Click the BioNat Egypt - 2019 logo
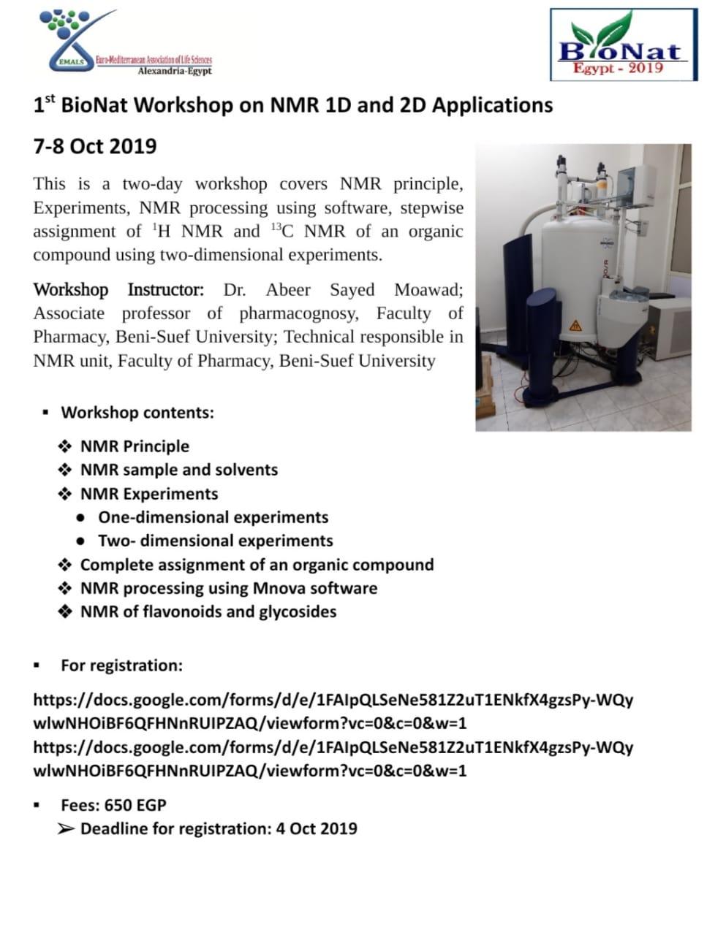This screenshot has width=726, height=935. pyautogui.click(x=624, y=45)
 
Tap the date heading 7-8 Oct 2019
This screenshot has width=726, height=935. pyautogui.click(x=95, y=146)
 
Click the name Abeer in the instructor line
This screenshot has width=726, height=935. pyautogui.click(x=288, y=290)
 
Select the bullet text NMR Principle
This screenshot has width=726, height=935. pyautogui.click(x=135, y=446)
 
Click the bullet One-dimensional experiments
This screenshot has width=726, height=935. pyautogui.click(x=213, y=517)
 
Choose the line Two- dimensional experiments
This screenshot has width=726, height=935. pyautogui.click(x=215, y=541)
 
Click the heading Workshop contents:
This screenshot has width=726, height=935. pyautogui.click(x=137, y=413)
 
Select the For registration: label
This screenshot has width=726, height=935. pyautogui.click(x=121, y=665)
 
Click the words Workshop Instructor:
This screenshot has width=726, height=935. pyautogui.click(x=118, y=290)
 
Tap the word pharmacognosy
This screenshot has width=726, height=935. pyautogui.click(x=298, y=313)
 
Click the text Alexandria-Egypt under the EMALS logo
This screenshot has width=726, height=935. pyautogui.click(x=175, y=71)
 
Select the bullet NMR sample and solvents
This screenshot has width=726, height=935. pyautogui.click(x=179, y=470)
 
